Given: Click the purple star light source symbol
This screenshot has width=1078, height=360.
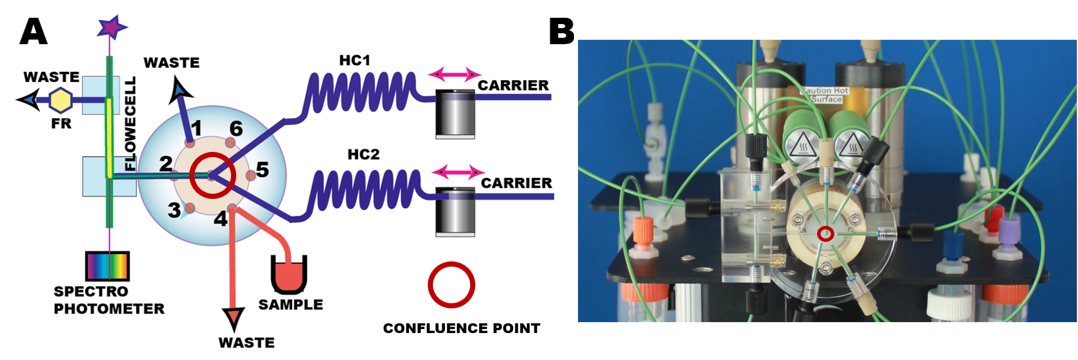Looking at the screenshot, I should tap(111, 26).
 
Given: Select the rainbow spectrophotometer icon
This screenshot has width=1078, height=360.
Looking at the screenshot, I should tap(107, 266).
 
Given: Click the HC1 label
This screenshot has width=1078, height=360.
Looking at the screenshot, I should tap(354, 60).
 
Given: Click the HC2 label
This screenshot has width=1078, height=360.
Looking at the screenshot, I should tap(363, 154).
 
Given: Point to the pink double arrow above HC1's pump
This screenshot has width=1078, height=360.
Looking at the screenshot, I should tap(455, 74).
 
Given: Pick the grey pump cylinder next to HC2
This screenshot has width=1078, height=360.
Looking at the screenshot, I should tap(455, 211).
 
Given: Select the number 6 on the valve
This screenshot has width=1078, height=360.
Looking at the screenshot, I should tap(236, 128).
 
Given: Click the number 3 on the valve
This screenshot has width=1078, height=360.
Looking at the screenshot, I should tap(174, 210).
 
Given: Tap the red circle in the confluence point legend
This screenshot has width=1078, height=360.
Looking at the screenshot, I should tap(451, 285).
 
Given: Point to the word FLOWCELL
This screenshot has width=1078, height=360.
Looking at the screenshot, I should tap(131, 124).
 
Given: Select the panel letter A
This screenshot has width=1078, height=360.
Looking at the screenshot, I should tap(33, 32).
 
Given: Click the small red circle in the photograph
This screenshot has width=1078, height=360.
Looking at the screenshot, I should tap(825, 233).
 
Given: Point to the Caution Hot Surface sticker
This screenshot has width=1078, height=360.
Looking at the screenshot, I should tap(825, 95).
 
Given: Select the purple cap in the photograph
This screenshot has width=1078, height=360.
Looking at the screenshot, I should tap(1009, 232).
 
